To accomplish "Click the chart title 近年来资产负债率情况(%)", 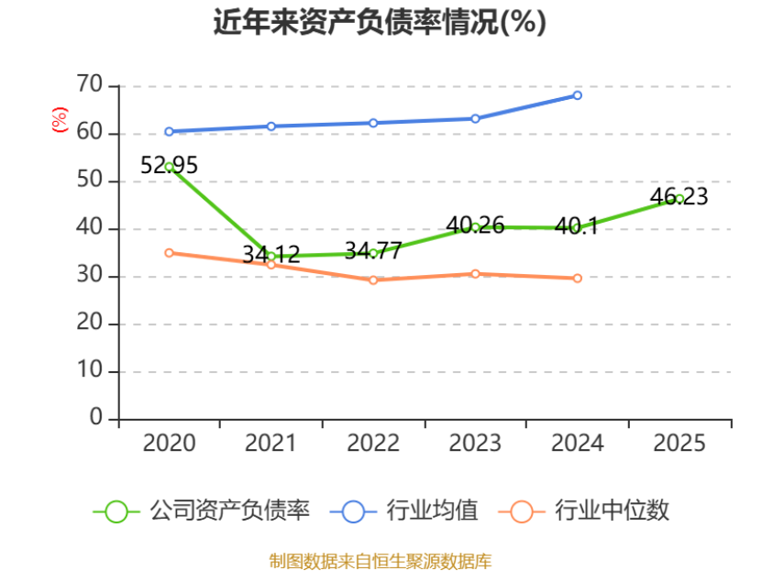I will point(380,22).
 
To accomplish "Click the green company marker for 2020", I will point(169,167).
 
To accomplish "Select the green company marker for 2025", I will point(679,198).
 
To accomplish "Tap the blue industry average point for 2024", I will point(577,95).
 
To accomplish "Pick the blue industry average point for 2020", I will point(169,131).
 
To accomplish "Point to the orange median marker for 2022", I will point(373,280).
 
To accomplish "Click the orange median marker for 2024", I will point(577,278).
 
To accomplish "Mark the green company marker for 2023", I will point(475,226).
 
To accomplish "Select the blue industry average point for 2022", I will point(373,123).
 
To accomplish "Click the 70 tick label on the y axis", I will point(90,84).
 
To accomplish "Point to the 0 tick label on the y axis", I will point(96,418).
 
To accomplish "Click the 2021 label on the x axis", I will point(271,444).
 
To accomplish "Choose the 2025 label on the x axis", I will point(679,444).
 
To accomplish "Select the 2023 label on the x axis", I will point(475,444).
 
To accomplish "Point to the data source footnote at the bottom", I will point(380,560).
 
